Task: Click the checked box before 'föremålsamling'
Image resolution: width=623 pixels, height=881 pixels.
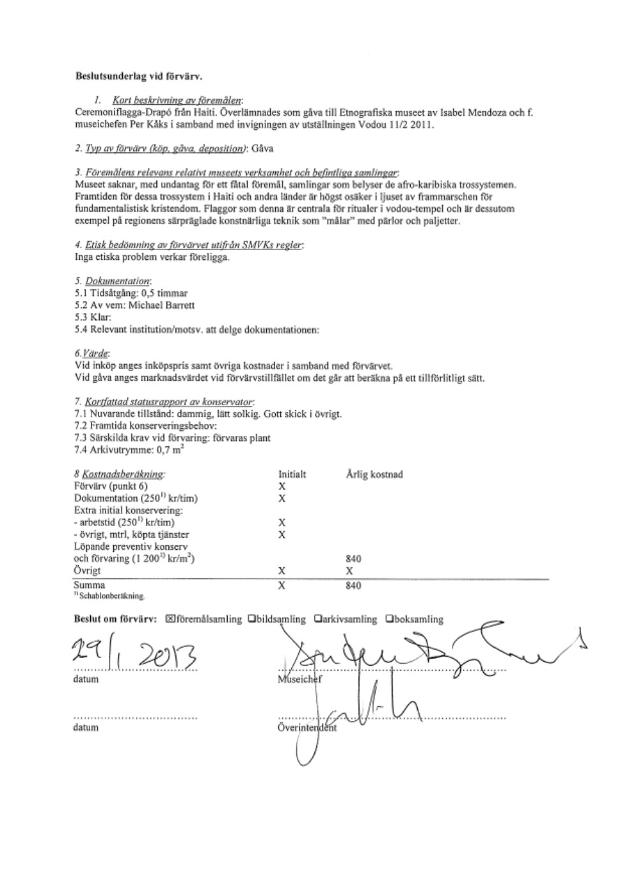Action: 170,619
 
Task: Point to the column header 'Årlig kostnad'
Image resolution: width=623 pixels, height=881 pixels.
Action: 374,474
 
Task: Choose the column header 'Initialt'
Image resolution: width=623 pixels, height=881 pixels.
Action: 293,474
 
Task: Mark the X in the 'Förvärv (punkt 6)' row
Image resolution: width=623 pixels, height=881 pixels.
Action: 282,485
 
